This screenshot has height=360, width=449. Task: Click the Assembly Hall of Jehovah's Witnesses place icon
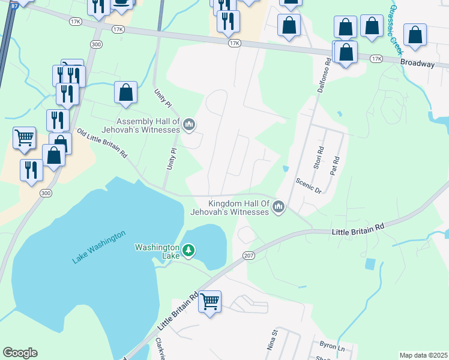coord(189,125)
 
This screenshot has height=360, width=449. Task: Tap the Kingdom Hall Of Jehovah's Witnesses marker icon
coord(278,208)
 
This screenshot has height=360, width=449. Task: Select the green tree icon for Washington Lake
coord(188,250)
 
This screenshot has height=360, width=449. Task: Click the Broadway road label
coord(417,62)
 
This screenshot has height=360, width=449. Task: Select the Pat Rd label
coord(336,166)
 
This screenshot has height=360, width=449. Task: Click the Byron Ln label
coord(332,348)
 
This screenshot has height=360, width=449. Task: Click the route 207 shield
coord(249,256)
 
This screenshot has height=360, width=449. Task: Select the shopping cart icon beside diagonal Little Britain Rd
coord(210,301)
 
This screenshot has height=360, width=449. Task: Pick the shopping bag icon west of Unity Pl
coord(125,93)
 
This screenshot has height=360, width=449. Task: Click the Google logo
coord(20,353)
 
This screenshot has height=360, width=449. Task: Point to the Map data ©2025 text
coord(423,355)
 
